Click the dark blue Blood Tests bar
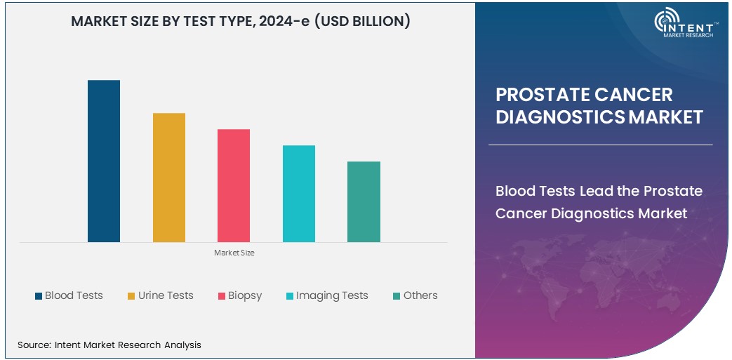pos(104,161)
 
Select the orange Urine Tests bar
pos(169,178)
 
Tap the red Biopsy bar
pos(234,186)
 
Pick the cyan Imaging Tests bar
pos(299,194)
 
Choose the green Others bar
pos(364,202)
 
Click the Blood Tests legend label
pos(74,295)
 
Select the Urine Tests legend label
pos(166,295)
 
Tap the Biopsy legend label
pos(245,295)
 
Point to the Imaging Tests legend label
pos(332,295)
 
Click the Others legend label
pos(420,295)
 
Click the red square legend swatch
pos(222,296)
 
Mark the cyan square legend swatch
pos(289,296)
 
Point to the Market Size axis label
pos(234,253)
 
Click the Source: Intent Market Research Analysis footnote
pos(109,345)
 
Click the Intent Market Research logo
pos(684,25)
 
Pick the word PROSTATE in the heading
pos(541,95)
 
